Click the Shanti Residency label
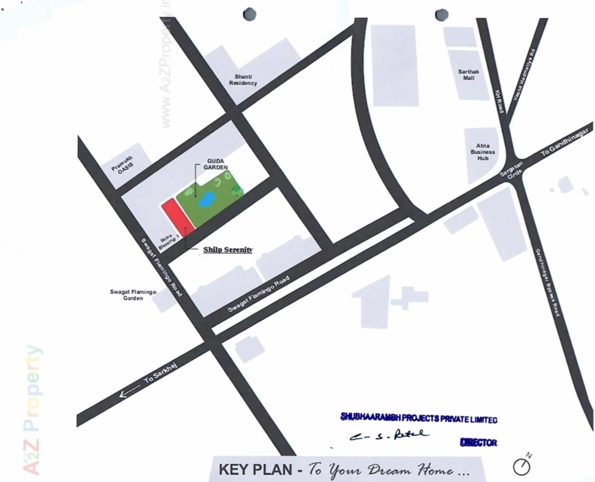[243, 80]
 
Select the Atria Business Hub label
[483, 152]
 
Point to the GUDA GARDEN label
[215, 164]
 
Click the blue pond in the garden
[206, 199]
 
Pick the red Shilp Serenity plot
[178, 217]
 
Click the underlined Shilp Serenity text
[228, 250]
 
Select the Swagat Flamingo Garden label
[133, 295]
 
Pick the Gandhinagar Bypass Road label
[547, 282]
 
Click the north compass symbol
[522, 467]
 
